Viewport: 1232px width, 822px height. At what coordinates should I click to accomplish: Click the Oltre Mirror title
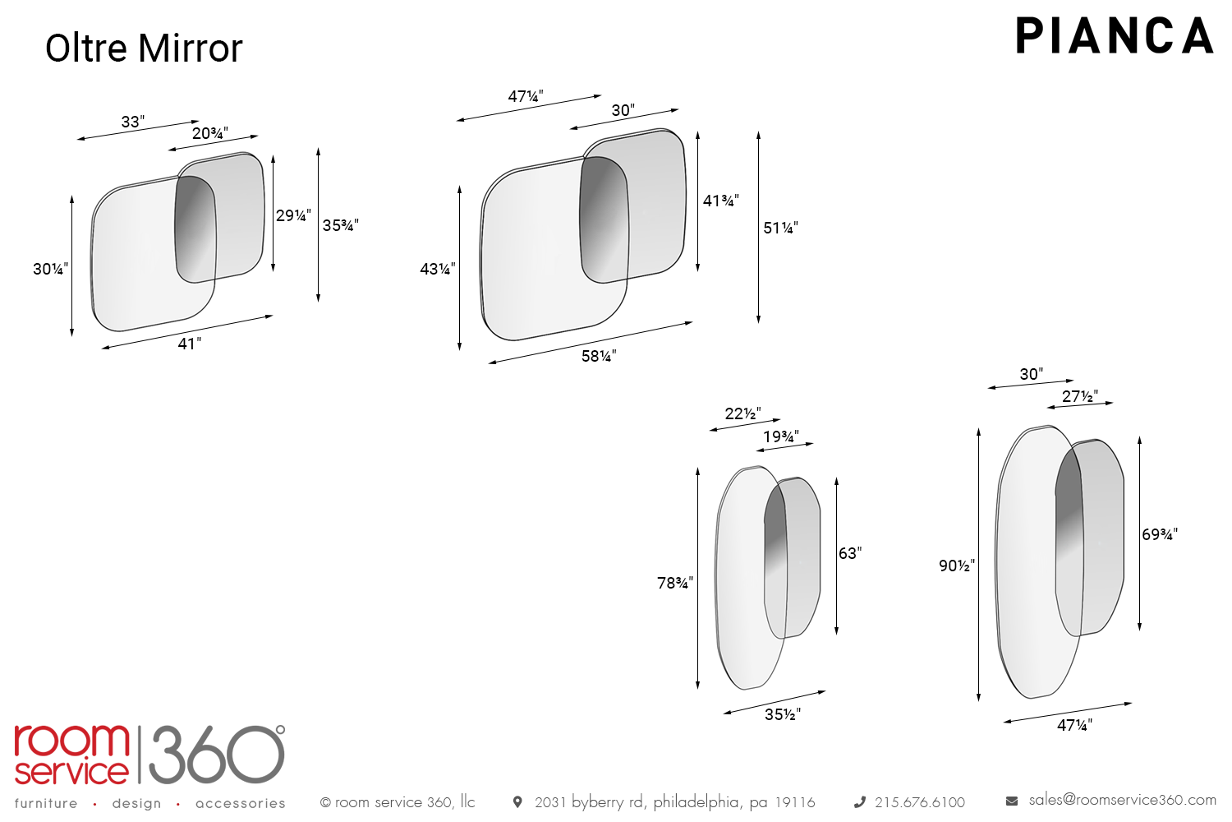pyautogui.click(x=144, y=48)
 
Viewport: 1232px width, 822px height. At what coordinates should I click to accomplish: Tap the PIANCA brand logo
pyautogui.click(x=1115, y=36)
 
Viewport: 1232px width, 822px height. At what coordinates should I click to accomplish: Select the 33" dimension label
pyautogui.click(x=133, y=121)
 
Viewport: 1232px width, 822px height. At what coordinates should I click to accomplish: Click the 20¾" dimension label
pyautogui.click(x=210, y=133)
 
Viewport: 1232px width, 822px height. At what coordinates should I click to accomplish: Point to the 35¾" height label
pyautogui.click(x=341, y=225)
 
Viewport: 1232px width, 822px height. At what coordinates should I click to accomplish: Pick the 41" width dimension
pyautogui.click(x=190, y=344)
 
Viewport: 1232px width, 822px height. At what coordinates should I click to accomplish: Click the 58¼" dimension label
pyautogui.click(x=599, y=356)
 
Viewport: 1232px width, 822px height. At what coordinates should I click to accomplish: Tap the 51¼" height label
pyautogui.click(x=780, y=228)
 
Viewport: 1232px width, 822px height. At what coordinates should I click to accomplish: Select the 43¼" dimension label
pyautogui.click(x=438, y=269)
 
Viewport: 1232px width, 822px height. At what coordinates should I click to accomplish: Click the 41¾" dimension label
pyautogui.click(x=721, y=201)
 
